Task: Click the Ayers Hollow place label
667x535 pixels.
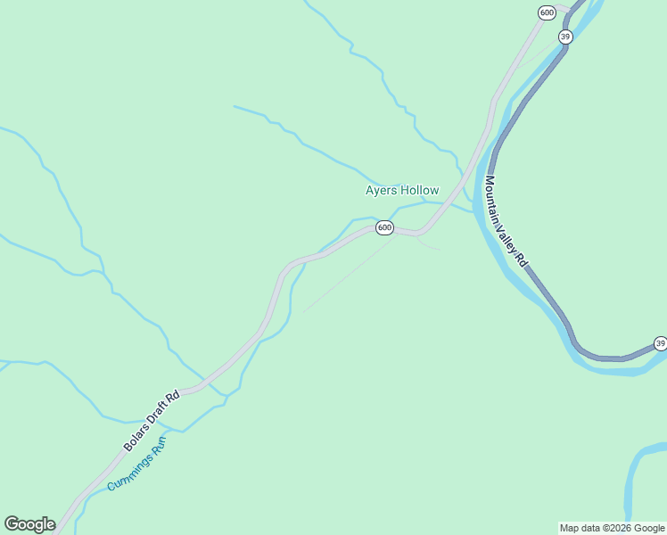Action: point(402,190)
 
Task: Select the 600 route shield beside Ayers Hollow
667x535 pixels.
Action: point(383,227)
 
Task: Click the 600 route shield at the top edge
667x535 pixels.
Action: point(548,12)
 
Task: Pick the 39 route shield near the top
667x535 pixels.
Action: point(565,37)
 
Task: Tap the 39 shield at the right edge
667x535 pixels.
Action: point(660,342)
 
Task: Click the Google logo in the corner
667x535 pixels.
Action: point(29,524)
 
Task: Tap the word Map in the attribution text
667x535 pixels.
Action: point(570,528)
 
